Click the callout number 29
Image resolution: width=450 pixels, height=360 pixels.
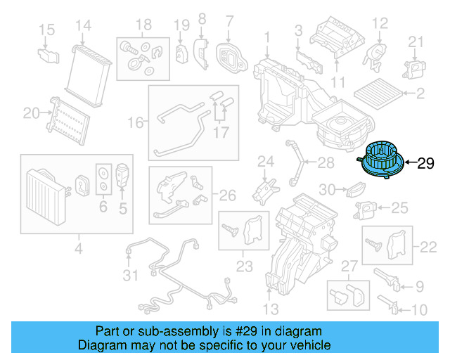(x=426, y=165)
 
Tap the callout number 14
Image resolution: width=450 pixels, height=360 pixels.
(x=84, y=26)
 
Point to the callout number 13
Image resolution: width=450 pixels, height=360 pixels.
(x=271, y=309)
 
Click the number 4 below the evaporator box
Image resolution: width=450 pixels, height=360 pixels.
(x=78, y=247)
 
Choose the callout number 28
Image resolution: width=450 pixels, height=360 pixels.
(x=326, y=164)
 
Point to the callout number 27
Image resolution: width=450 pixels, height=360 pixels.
(x=350, y=266)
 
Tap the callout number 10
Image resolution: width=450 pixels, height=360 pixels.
(x=418, y=309)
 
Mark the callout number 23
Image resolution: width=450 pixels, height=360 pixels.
(x=244, y=266)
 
